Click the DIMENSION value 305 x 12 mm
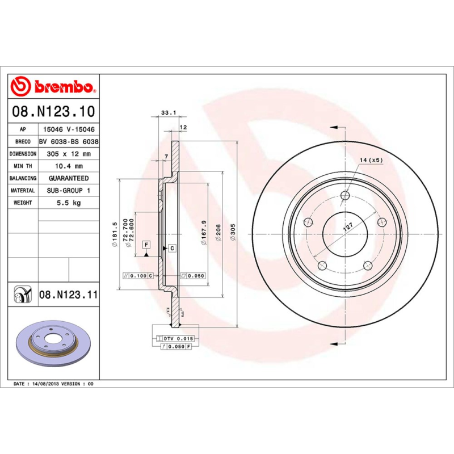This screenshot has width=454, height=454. point(68,154)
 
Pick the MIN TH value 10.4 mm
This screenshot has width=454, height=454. point(68,166)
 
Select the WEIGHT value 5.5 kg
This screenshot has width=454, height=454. point(68,203)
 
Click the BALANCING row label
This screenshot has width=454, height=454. point(23,178)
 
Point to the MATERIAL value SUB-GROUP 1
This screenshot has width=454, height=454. point(68,191)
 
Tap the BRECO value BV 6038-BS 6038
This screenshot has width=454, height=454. point(68,142)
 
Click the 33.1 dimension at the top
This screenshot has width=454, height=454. point(167,113)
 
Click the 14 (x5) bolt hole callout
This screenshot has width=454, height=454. point(371,161)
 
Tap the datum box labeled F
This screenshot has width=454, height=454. point(146,244)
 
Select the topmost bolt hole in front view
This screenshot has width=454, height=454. point(345,196)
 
